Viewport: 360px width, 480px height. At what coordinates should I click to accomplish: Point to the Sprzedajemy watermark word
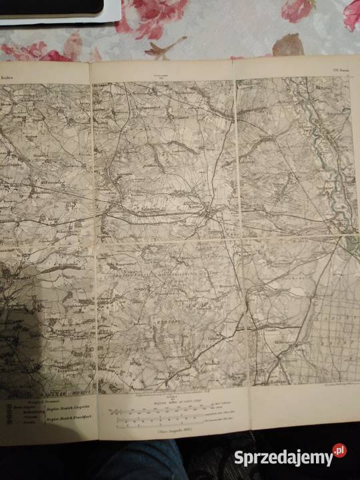pos(283,457)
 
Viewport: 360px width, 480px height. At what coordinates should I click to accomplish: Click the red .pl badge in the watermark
pos(339,451)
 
